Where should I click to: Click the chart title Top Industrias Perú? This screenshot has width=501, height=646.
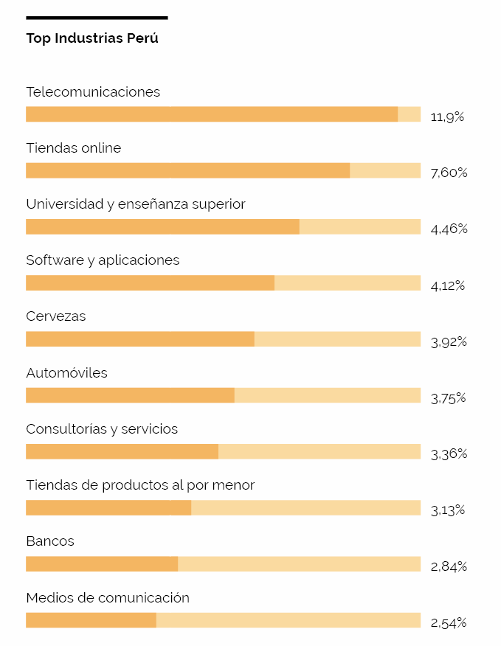click(92, 38)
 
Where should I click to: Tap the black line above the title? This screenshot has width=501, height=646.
click(97, 18)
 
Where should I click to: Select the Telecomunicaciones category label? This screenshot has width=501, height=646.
click(93, 92)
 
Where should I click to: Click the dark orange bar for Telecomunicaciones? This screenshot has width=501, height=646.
click(212, 114)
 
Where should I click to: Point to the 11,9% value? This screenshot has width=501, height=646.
click(447, 117)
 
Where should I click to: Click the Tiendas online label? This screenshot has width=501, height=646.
click(73, 148)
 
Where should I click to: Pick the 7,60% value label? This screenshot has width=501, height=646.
click(449, 173)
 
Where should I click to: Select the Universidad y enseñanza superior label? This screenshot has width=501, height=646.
click(136, 204)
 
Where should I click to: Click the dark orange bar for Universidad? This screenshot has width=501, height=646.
click(162, 226)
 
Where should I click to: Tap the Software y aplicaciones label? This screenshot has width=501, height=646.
click(103, 260)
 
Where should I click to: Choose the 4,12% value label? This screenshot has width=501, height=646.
click(448, 285)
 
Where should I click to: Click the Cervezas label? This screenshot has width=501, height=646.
click(55, 316)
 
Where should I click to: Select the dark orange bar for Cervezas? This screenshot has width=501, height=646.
click(140, 339)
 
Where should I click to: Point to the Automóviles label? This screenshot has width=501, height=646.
click(66, 372)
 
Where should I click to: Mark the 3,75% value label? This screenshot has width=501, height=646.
click(448, 398)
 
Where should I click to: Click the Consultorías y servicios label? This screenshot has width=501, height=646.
click(102, 429)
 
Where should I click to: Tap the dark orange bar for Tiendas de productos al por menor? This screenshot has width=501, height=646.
click(108, 507)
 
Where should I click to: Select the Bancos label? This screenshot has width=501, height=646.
click(50, 541)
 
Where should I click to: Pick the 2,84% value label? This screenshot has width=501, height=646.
click(449, 567)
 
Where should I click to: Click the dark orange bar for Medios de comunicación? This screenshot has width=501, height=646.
click(91, 620)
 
